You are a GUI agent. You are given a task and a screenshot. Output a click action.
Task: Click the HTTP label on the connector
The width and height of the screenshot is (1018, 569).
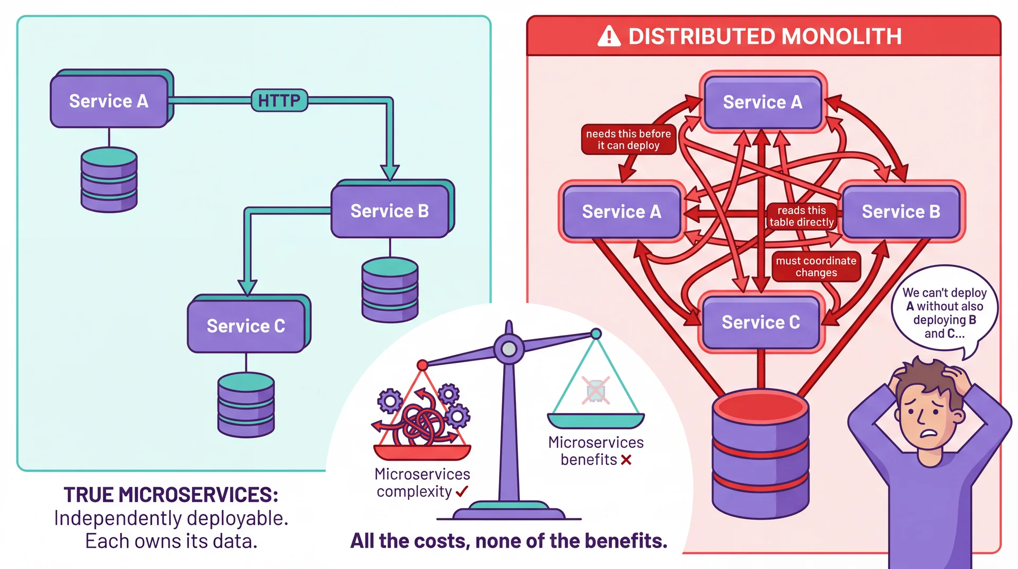pos(279,100)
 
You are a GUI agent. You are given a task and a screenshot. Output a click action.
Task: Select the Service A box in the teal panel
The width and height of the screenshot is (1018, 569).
pos(109,101)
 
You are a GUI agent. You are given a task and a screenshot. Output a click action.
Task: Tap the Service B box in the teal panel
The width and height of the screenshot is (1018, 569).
pos(390,211)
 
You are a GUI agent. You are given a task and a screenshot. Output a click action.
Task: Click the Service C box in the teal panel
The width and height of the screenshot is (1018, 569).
pos(246,325)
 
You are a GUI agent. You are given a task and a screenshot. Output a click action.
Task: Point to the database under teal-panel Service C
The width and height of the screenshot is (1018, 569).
pos(246,404)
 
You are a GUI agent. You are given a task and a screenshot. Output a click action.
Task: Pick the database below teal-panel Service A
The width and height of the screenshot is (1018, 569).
pos(109,179)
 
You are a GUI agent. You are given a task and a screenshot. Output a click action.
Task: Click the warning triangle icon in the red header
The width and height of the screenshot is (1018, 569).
pos(609,37)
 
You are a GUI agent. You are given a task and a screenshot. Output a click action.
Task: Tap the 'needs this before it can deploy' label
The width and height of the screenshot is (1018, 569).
pos(628,140)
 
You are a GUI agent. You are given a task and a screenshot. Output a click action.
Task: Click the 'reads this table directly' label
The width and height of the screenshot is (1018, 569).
pos(801,216)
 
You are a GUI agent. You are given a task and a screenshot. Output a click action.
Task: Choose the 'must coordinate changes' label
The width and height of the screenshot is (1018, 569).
pos(816,266)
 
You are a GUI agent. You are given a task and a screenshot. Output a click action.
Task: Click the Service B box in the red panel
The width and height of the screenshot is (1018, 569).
pos(901,211)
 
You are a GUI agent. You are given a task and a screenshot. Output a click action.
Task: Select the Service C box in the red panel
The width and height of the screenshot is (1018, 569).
pos(760,322)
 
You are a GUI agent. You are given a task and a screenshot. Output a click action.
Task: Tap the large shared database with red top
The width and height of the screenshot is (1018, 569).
pos(760,454)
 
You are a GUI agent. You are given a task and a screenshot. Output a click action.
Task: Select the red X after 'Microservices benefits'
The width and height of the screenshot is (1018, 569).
pos(626,460)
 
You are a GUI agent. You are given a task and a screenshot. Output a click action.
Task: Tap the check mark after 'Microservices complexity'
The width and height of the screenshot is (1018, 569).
pos(462,492)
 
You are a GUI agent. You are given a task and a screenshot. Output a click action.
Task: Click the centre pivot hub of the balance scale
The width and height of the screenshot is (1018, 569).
pos(509,349)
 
